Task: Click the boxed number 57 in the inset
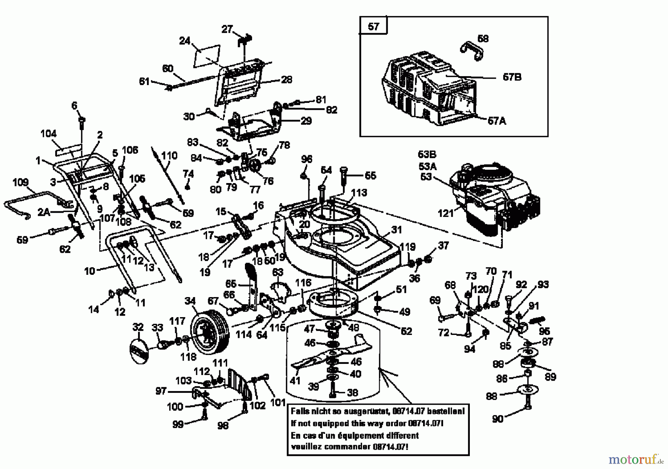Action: [x=373, y=27]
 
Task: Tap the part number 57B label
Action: [x=512, y=77]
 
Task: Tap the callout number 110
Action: [x=170, y=155]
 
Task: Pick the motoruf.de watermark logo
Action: [x=636, y=460]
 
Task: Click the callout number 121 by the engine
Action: [x=445, y=213]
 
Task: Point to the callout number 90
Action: [x=498, y=418]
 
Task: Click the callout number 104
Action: [x=49, y=134]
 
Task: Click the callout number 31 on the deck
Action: [x=396, y=230]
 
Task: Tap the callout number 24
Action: [x=184, y=40]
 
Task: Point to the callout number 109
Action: [x=20, y=182]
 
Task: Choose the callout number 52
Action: [x=407, y=331]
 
